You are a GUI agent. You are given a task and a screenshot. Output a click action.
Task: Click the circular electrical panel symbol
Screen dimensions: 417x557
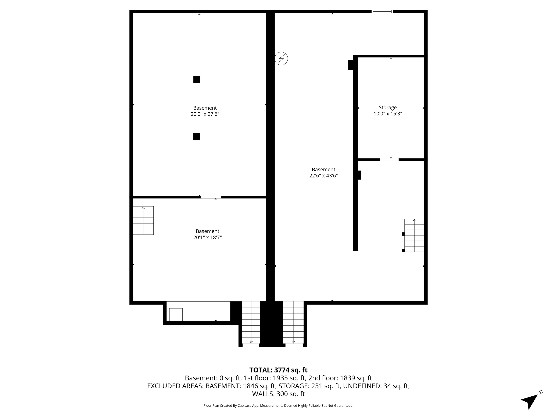click(x=281, y=59)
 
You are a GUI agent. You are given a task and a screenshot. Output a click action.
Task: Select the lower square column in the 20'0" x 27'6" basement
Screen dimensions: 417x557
click(x=196, y=137)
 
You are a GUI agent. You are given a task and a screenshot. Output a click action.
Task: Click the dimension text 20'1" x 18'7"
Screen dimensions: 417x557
click(x=207, y=237)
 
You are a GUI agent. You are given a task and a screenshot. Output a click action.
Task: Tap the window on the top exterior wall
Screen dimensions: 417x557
click(x=382, y=11)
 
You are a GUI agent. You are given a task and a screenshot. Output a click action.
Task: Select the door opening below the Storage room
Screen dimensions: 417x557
click(x=389, y=159)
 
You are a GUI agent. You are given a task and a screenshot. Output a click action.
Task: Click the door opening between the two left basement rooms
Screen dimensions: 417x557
click(x=211, y=197)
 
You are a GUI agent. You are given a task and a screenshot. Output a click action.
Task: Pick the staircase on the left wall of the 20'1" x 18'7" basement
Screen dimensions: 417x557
click(x=143, y=220)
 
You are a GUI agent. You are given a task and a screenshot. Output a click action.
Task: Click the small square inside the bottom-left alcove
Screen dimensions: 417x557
click(x=176, y=315)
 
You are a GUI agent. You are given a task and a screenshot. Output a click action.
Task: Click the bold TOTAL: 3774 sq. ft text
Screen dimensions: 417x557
click(x=278, y=370)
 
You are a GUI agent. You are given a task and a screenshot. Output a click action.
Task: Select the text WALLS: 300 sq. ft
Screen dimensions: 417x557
click(x=278, y=394)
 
